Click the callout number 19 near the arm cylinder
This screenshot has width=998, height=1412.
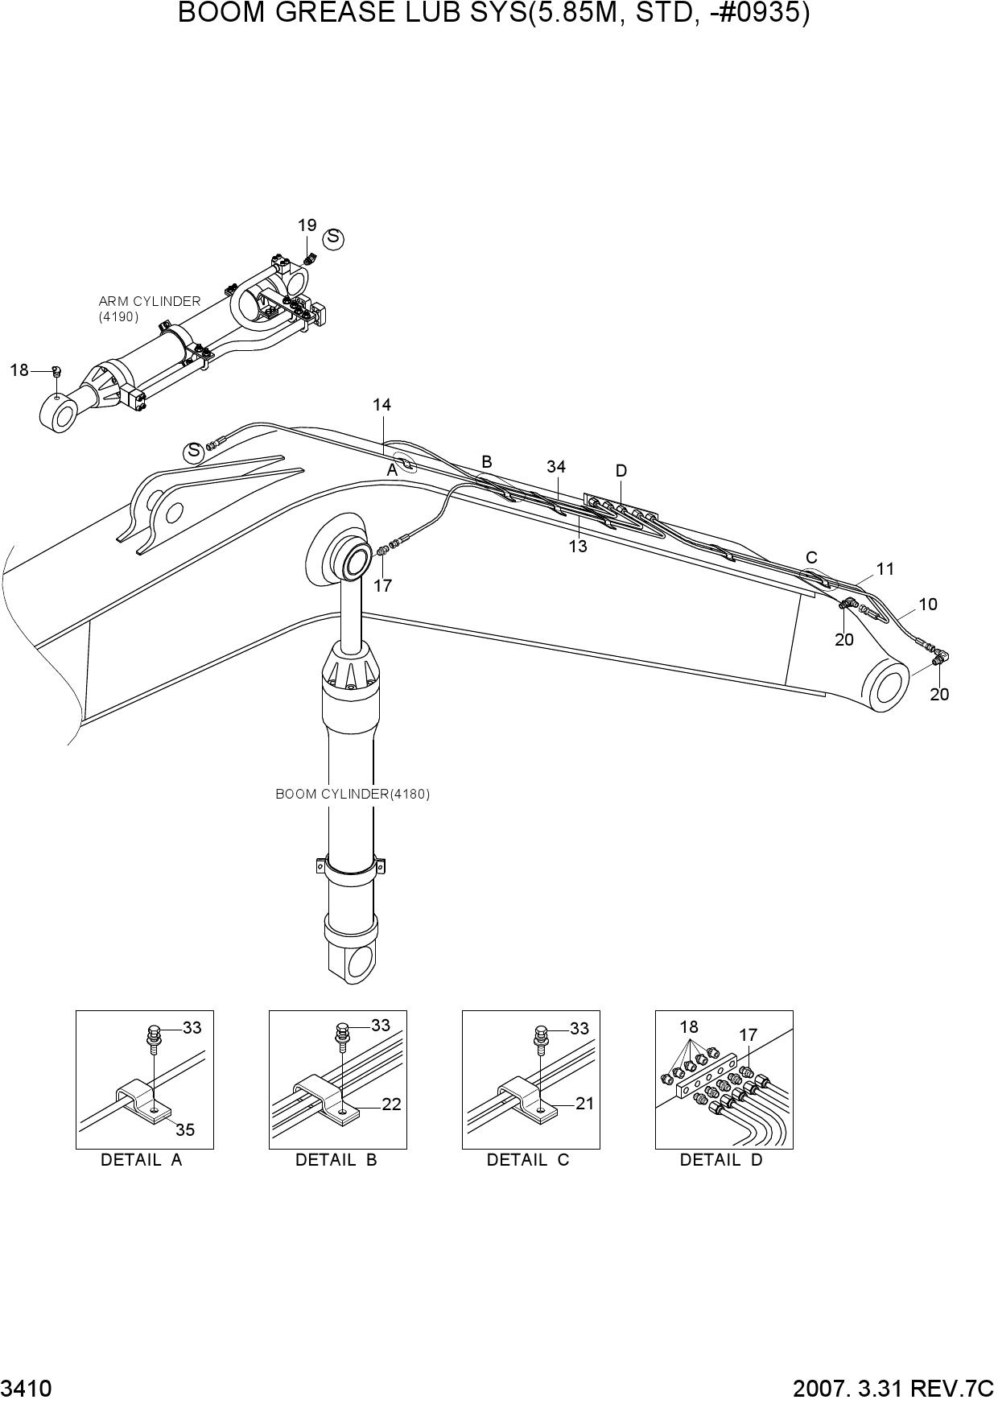(307, 225)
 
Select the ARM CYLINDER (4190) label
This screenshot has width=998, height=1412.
(149, 309)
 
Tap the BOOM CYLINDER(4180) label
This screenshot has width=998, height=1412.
(353, 794)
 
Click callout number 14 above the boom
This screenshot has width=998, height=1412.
(381, 405)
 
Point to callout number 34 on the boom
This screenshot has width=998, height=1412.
(556, 467)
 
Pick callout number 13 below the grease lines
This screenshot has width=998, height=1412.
(578, 547)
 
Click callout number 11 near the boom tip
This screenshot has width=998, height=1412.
(885, 569)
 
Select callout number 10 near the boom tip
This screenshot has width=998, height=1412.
(928, 605)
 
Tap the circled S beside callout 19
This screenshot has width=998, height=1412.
(333, 238)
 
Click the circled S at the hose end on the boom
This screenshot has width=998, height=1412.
(193, 452)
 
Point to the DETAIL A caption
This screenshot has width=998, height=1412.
(142, 1160)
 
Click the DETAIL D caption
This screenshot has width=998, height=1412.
(721, 1160)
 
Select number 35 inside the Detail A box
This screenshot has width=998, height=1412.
(185, 1130)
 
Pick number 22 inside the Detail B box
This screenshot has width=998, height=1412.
(391, 1104)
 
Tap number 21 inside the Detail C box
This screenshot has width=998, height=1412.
(584, 1103)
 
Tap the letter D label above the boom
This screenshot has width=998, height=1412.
(621, 471)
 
